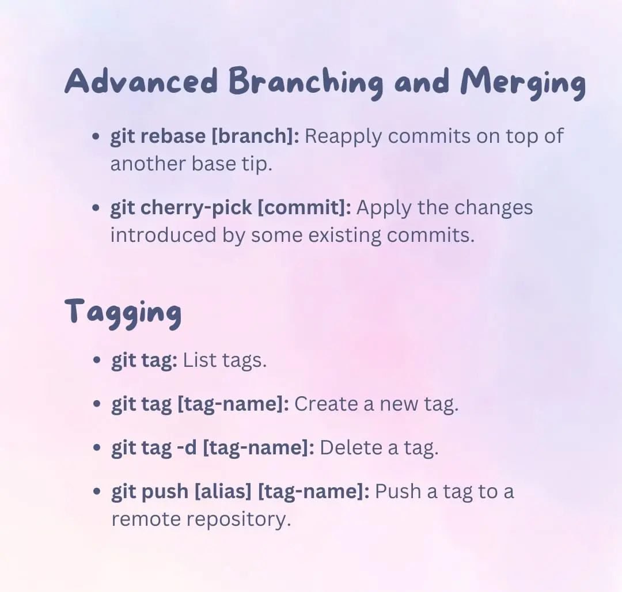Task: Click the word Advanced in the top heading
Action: pos(141,81)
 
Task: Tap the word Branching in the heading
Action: pos(306,84)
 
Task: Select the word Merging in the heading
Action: pos(523,84)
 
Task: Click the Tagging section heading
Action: pos(123,313)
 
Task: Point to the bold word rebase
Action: pos(173,136)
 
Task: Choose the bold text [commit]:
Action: pos(304,208)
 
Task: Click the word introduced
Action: pos(164,235)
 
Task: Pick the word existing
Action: pos(345,235)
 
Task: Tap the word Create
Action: pos(326,404)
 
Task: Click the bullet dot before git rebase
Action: pos(95,137)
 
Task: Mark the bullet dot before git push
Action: pos(96,492)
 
